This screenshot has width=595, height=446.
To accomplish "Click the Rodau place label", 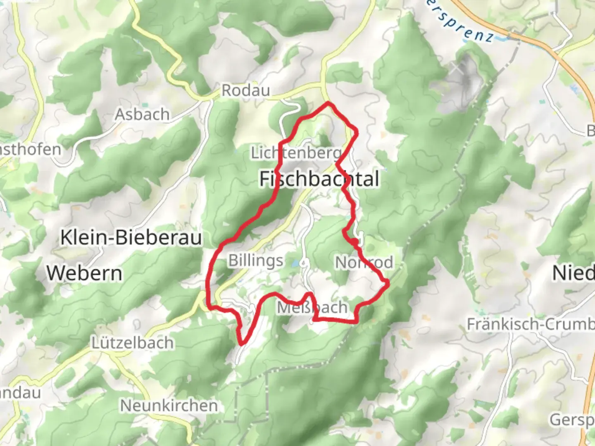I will tap(246, 90).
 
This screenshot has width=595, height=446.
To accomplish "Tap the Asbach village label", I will tap(142, 114).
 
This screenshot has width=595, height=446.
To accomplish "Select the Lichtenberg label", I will tap(296, 153).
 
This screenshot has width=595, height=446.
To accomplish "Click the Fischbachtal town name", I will tap(319, 179).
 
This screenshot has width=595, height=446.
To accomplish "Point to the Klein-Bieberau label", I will tap(131, 237).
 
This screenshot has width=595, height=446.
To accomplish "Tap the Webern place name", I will tap(84, 273).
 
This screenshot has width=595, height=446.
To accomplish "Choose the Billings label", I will tap(256, 261).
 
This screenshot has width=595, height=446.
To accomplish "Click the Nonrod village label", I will tap(364, 262).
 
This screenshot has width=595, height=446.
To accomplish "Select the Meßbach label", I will tap(312, 307).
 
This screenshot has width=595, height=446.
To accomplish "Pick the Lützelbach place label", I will tap(132, 343).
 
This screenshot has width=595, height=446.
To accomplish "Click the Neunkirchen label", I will tap(169, 406).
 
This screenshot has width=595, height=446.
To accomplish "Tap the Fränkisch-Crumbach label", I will tap(531, 324).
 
